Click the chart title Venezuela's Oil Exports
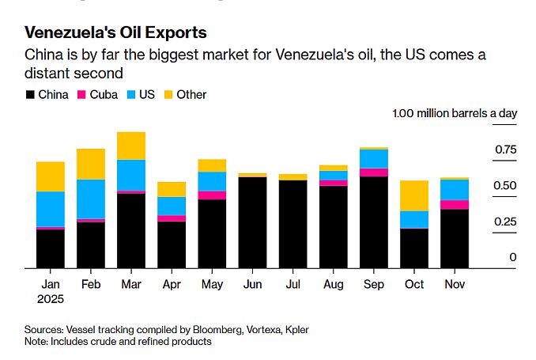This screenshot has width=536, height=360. pyautogui.click(x=115, y=32)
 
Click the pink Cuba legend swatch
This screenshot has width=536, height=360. pyautogui.click(x=81, y=95)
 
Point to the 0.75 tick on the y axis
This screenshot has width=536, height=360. pyautogui.click(x=505, y=150)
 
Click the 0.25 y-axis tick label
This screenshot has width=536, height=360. pyautogui.click(x=505, y=222)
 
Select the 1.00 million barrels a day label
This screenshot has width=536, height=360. pyautogui.click(x=455, y=113)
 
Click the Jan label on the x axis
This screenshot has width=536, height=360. pyautogui.click(x=50, y=284)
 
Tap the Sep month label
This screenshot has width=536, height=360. pyautogui.click(x=373, y=284)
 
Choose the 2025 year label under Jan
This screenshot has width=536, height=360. pyautogui.click(x=50, y=299)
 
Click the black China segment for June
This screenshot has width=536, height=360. pyautogui.click(x=252, y=223)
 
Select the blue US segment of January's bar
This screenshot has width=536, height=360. pyautogui.click(x=51, y=209)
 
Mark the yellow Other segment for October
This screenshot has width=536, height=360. pyautogui.click(x=414, y=195)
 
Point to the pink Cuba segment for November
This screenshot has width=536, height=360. pyautogui.click(x=455, y=205)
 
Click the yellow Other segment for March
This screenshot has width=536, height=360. pyautogui.click(x=131, y=146)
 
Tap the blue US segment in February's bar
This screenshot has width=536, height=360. pyautogui.click(x=91, y=199)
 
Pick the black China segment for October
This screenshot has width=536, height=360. pyautogui.click(x=414, y=248)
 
